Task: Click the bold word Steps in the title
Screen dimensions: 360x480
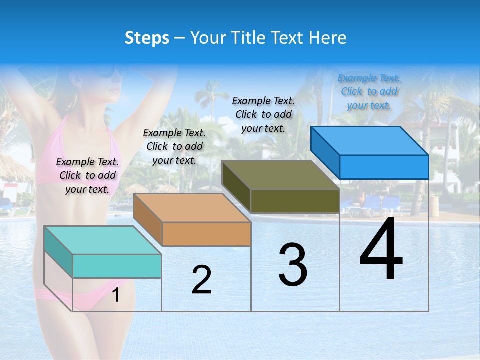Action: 147,38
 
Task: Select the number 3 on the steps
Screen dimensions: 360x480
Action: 293,265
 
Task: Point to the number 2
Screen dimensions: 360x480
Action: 201,280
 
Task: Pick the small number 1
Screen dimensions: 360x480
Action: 116,295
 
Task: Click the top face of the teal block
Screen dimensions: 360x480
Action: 102,240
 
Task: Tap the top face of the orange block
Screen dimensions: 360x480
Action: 191,207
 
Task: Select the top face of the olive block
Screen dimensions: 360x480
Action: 280,175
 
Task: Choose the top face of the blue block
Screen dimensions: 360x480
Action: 369,140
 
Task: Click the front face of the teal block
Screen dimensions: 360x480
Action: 117,266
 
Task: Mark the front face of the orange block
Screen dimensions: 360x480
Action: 206,234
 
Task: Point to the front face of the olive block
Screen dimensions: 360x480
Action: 295,201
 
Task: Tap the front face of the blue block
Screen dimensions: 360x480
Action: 384,167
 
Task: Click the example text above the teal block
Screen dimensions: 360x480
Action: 87,175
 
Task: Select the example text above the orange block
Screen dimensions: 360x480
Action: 174,146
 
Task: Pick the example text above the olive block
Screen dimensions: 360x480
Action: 263,114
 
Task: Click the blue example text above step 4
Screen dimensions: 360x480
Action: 369,91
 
